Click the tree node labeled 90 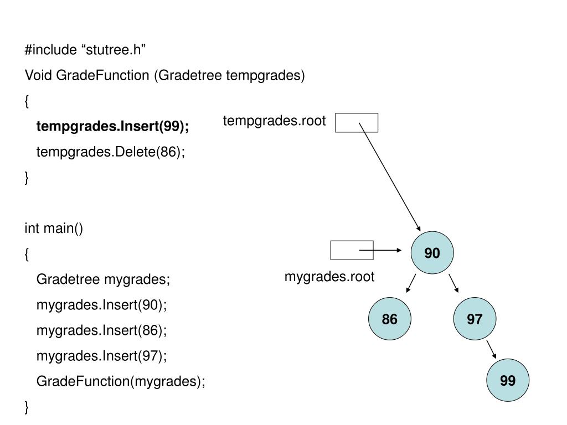tap(432, 253)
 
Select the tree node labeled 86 tap(390, 319)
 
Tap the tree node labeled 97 tap(475, 319)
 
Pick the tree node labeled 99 tap(507, 381)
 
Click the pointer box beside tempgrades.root tap(357, 122)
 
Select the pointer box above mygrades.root tap(352, 250)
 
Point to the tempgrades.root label tap(275, 121)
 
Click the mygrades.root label tap(329, 277)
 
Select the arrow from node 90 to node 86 tap(410, 283)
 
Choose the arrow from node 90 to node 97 tap(453, 283)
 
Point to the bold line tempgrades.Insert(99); tap(113, 127)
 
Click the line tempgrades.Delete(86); tap(111, 152)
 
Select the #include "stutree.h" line tap(85, 50)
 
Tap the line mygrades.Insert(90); tap(101, 305)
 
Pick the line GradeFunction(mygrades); tap(121, 381)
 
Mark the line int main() tap(54, 228)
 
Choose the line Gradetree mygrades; tap(104, 279)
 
